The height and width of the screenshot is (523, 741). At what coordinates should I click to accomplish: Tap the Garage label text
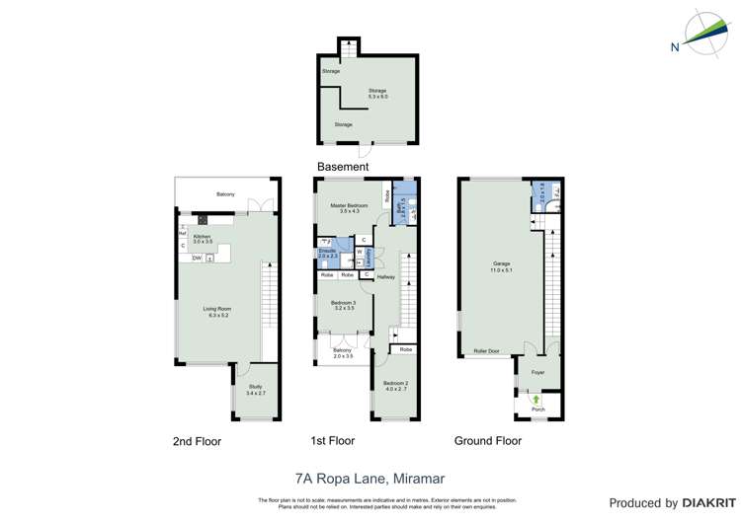coord(502,263)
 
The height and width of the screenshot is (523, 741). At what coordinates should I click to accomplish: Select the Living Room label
coord(218,310)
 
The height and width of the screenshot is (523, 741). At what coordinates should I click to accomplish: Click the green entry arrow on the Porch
coord(537,399)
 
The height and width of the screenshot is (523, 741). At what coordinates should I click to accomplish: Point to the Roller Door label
coord(487,350)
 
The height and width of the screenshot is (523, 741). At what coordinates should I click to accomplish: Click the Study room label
coord(255,387)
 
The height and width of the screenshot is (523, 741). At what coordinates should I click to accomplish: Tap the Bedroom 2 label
coord(395,383)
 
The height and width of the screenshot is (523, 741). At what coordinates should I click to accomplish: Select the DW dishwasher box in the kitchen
coord(198,258)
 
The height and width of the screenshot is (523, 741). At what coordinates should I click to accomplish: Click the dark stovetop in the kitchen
coord(204,220)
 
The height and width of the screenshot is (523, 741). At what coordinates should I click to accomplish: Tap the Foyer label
coord(537,372)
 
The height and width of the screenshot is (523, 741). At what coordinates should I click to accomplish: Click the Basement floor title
coord(343,167)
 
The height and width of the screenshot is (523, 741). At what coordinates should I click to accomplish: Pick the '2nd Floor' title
coord(197,441)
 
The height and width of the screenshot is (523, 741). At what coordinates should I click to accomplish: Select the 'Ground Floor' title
coord(487,440)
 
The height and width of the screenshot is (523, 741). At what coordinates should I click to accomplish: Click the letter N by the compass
coord(675,46)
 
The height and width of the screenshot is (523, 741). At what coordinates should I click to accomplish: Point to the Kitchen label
coord(202,237)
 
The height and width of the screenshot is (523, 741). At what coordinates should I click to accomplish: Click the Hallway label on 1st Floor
coord(385,276)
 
